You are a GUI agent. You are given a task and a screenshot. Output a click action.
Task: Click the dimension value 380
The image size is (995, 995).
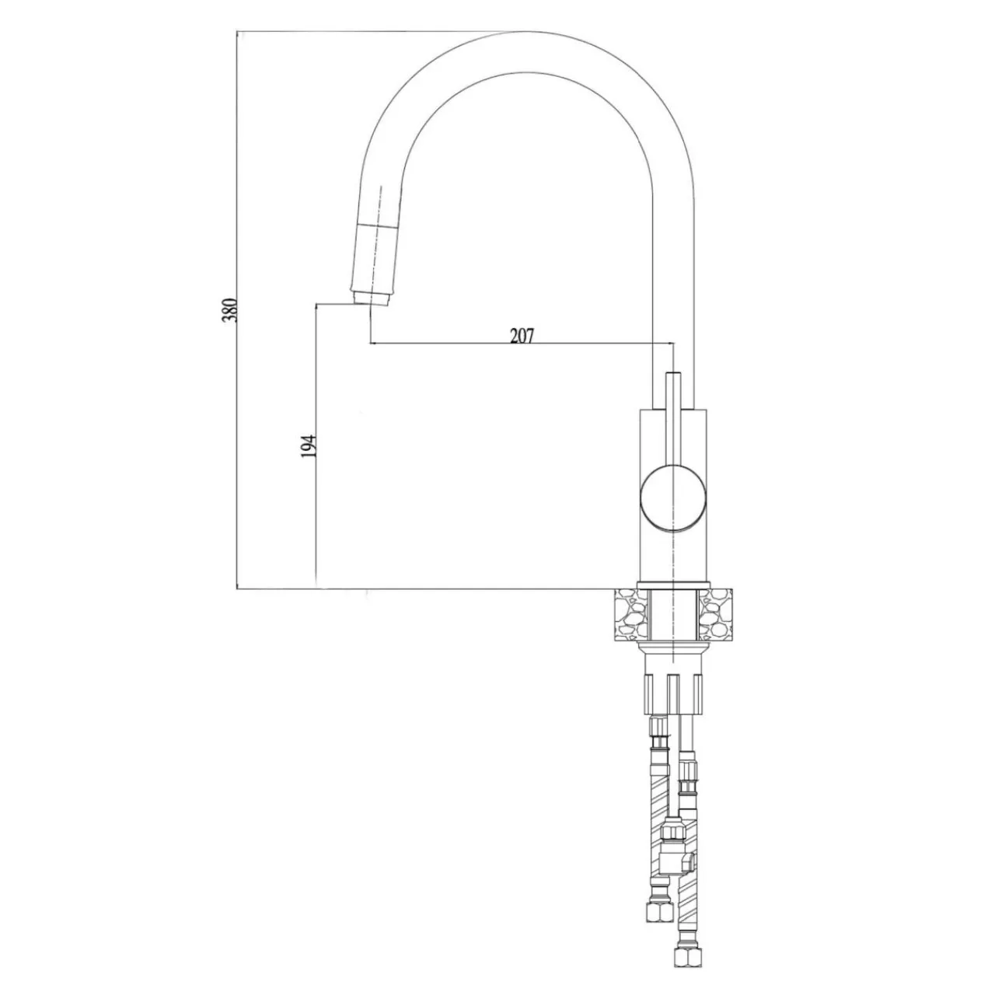click(229, 310)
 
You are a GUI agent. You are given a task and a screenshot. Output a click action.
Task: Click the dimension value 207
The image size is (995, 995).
click(522, 336)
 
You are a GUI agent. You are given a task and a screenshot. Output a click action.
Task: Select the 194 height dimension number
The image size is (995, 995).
click(309, 445)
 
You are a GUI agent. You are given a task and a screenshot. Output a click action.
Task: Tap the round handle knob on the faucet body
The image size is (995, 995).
click(673, 497)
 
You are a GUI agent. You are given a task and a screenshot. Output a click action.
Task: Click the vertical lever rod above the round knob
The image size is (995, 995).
click(673, 417)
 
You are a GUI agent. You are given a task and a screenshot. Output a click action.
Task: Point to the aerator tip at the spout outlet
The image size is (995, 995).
click(369, 298)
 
